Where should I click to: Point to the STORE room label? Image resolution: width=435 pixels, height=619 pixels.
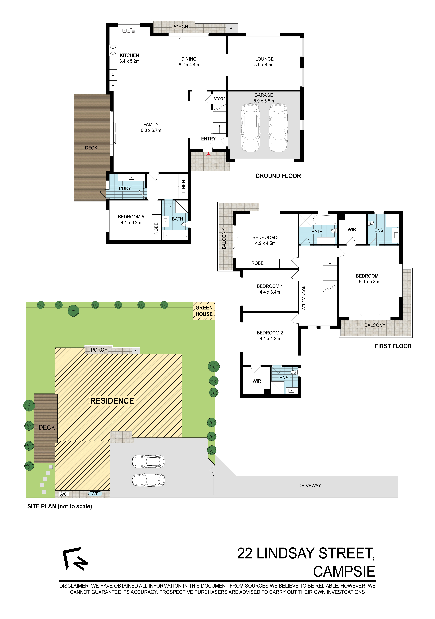point(219,99)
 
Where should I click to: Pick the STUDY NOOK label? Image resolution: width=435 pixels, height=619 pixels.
point(304,297)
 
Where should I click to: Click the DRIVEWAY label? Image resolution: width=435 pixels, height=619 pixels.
point(310,486)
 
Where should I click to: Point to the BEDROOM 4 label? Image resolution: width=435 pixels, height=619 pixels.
point(270,286)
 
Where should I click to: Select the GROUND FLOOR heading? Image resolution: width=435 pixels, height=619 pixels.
point(278,176)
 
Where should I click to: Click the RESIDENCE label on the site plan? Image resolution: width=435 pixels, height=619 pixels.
point(112,401)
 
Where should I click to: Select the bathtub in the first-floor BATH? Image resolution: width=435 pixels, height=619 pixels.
point(325,220)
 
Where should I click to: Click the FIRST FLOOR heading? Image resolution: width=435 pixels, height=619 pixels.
point(393,346)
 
